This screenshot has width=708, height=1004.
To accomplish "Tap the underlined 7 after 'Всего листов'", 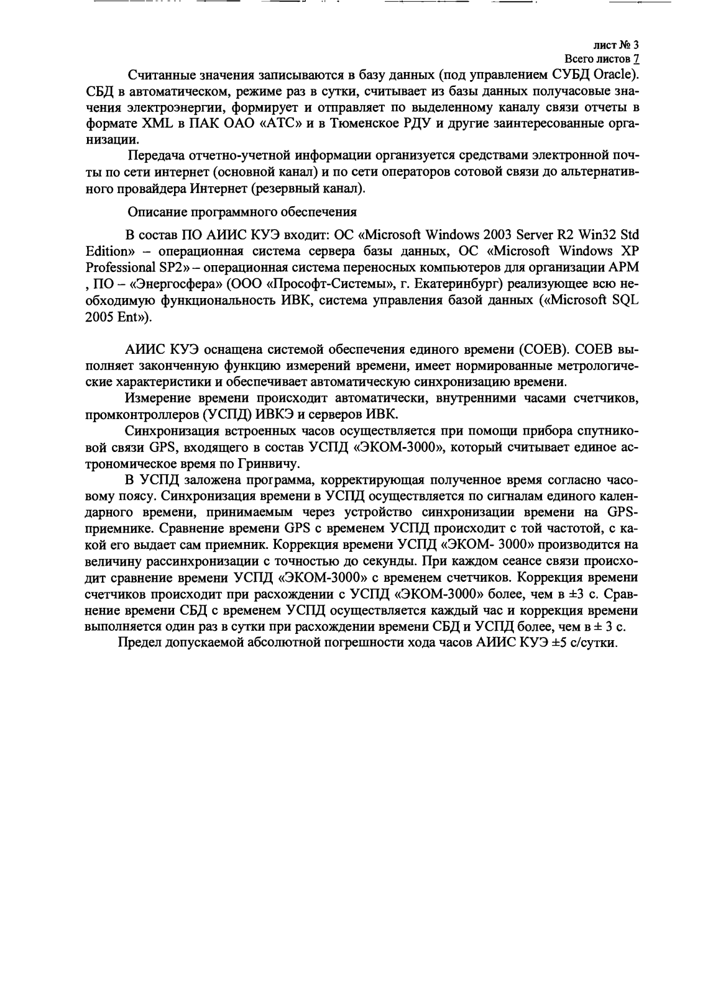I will click(635, 60).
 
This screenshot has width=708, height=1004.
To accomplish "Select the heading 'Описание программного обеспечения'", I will click(242, 212).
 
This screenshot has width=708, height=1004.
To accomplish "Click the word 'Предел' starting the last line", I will click(139, 643).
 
